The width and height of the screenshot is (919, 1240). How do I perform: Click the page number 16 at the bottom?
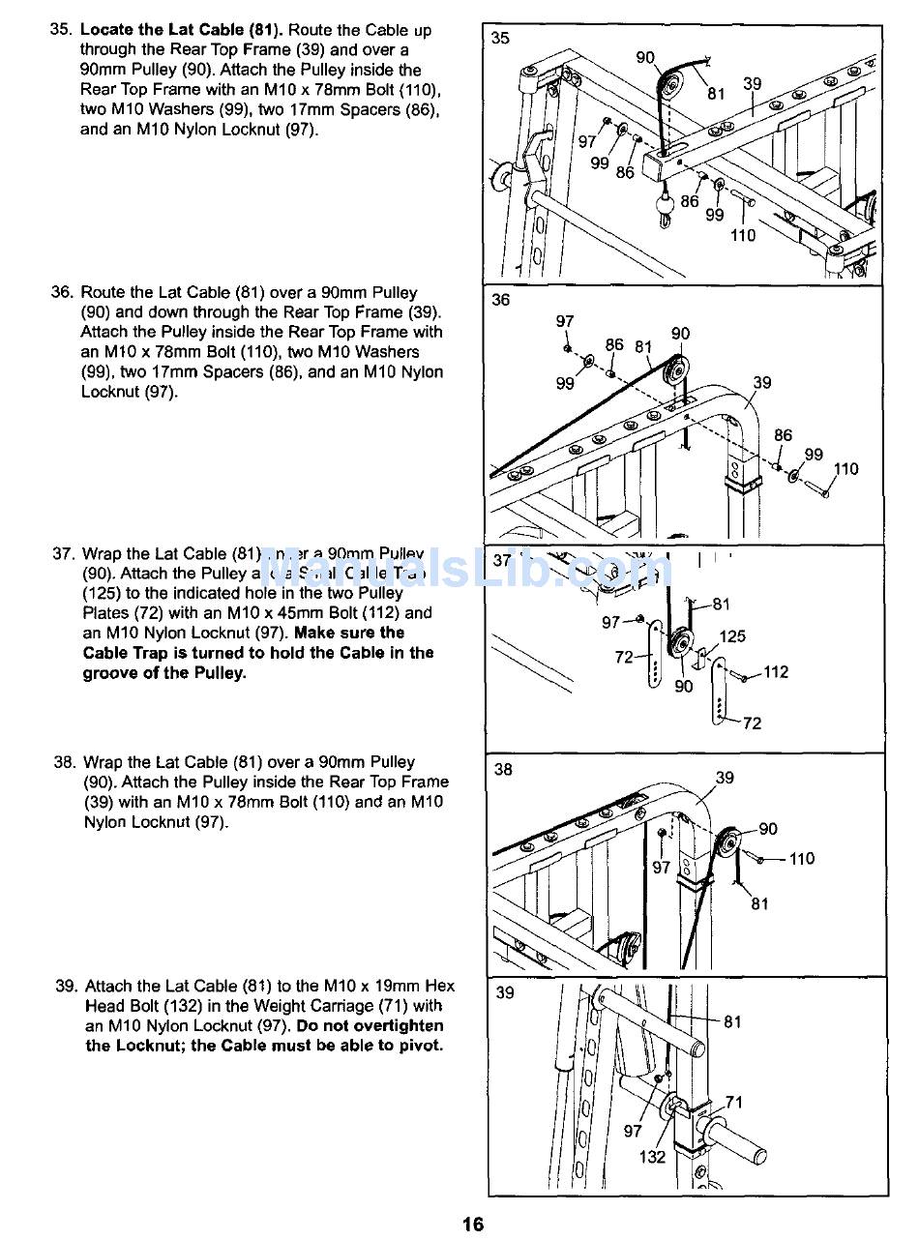click(472, 1224)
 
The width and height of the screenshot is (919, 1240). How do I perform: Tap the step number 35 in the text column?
click(61, 30)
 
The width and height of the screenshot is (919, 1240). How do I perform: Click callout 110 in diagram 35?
click(743, 235)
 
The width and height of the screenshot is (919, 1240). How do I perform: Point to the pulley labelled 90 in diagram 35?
click(669, 81)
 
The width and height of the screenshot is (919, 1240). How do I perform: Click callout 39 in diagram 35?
click(753, 84)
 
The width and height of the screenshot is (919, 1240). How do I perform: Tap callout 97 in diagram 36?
click(565, 321)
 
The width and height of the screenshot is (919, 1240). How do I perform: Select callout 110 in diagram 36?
click(845, 469)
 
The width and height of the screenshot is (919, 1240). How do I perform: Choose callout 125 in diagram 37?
click(732, 637)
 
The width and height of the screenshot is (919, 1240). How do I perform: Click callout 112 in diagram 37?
click(776, 672)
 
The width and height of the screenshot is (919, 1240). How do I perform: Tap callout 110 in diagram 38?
click(802, 858)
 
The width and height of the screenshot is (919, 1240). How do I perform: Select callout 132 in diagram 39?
click(652, 1157)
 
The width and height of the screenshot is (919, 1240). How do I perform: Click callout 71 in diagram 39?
click(735, 1102)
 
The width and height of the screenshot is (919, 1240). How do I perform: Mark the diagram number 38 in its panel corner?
click(503, 770)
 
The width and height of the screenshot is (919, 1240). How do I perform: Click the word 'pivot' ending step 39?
click(419, 1046)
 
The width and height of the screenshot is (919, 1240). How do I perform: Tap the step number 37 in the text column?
click(64, 554)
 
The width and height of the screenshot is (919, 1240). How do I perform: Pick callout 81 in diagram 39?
click(733, 1021)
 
